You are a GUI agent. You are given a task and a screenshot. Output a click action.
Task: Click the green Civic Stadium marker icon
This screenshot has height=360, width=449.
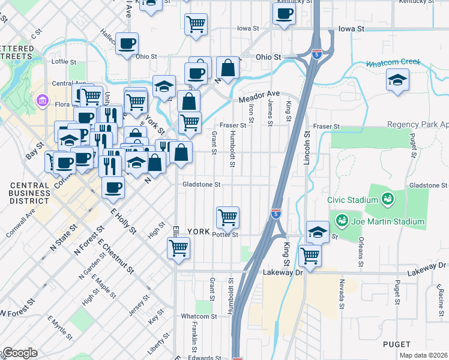click(x=387, y=198)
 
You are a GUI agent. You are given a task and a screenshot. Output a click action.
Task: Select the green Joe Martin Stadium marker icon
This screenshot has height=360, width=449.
click(x=342, y=221)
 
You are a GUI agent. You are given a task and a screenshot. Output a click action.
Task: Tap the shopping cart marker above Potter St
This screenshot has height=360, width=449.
click(x=228, y=217)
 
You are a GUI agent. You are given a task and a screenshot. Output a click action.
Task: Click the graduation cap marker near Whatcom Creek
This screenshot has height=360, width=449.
click(x=397, y=80)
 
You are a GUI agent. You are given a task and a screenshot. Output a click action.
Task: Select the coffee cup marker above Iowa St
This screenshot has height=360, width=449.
click(x=284, y=14)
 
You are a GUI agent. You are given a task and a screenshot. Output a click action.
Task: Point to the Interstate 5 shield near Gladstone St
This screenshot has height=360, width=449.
click(x=275, y=213)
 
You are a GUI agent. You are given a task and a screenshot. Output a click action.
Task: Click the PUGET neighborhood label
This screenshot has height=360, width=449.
click(x=397, y=344)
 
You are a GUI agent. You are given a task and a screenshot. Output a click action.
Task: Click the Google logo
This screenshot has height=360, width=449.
click(x=19, y=353)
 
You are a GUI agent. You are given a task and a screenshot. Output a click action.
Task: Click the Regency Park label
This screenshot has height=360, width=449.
click(x=418, y=127)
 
